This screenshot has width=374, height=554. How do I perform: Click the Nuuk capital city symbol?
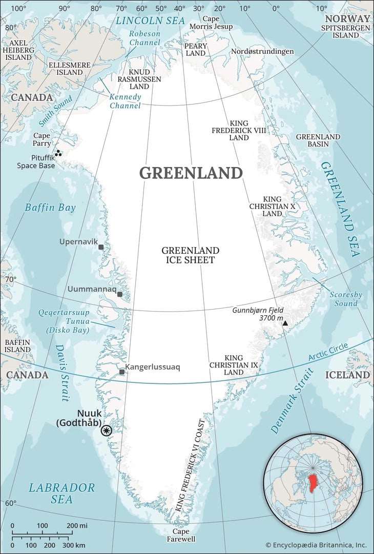point(107,430)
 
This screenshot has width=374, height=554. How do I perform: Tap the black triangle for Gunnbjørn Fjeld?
point(285,323)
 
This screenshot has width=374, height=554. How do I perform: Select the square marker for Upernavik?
point(101,247)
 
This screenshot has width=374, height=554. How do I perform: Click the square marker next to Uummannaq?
point(119,294)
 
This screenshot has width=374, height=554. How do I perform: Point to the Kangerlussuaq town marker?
point(121,372)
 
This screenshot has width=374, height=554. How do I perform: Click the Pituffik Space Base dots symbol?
point(58,153)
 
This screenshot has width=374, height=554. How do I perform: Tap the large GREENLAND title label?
point(191,173)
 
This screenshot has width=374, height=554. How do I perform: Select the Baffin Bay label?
point(50,208)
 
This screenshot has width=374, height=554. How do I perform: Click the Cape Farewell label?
point(181,535)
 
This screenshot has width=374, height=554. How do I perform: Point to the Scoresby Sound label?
point(345,299)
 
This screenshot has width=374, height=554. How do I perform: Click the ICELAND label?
point(347,375)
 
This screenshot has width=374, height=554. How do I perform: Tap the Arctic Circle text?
point(328,354)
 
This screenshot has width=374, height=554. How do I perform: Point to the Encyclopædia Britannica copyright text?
point(316,545)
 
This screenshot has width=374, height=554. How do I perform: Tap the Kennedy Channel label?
point(125,101)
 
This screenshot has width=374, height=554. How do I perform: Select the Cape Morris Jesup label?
point(211,23)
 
